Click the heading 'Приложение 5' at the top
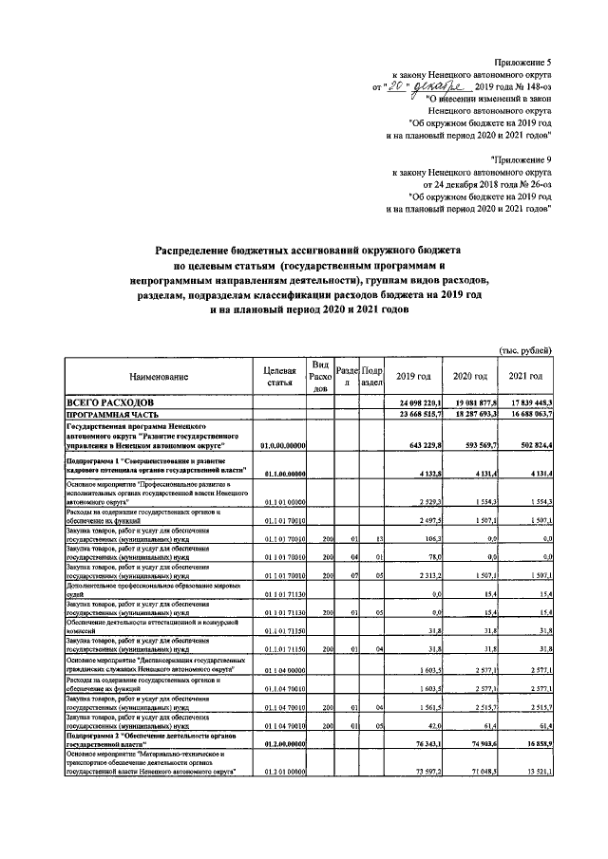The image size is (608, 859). (x=522, y=63)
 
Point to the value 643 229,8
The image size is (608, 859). (x=424, y=444)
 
